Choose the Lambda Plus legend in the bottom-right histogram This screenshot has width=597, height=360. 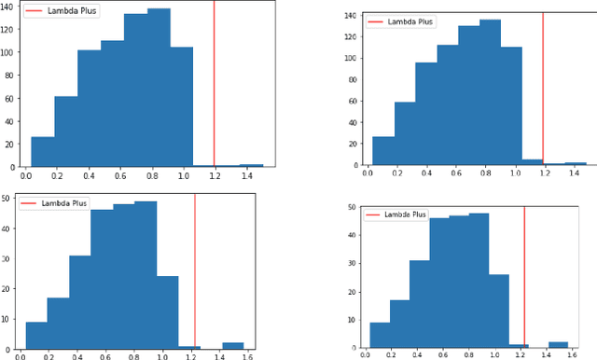pos(397,215)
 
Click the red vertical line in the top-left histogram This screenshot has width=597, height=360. pos(215,84)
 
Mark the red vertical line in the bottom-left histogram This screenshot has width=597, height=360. pos(194,270)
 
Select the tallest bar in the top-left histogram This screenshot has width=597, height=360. pos(159,88)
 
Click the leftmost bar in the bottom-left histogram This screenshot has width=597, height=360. pos(36,334)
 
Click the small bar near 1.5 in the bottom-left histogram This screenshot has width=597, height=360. pos(232,344)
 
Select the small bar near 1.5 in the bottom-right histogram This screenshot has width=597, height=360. pos(558,343)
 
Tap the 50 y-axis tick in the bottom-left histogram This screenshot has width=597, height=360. pos(7,198)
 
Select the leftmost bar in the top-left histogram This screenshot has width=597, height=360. pos(42,152)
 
